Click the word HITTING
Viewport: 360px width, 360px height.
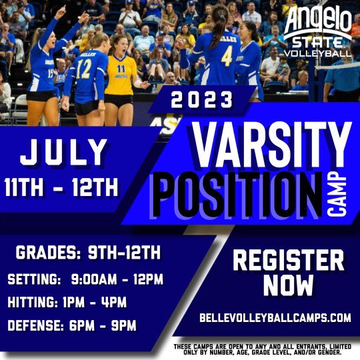(x=34, y=302)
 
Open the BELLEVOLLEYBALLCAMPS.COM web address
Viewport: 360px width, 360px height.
(x=275, y=318)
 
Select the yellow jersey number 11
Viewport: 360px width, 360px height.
(x=121, y=69)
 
